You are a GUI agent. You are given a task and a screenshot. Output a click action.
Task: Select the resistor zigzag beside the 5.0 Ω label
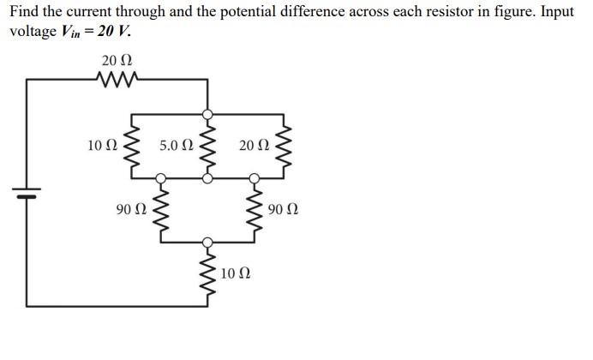[207, 147]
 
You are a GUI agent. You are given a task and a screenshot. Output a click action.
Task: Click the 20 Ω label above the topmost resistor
[117, 61]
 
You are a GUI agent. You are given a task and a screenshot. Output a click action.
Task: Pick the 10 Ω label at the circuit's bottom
[236, 273]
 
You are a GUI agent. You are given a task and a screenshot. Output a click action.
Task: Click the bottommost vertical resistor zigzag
[207, 273]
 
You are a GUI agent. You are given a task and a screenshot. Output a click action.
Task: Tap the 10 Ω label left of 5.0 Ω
[102, 146]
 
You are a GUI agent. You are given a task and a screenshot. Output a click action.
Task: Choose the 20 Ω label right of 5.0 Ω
[254, 146]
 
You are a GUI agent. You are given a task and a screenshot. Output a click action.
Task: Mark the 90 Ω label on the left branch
[131, 208]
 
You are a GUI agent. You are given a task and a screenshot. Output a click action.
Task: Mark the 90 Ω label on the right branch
[283, 208]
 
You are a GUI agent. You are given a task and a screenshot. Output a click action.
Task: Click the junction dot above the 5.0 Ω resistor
[207, 113]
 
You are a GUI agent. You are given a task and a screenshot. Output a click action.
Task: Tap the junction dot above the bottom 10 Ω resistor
[207, 243]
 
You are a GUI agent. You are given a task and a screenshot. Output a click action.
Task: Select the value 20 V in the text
[113, 31]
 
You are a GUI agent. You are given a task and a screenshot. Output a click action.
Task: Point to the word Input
[554, 13]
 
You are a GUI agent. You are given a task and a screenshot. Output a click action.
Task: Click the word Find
[24, 13]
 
